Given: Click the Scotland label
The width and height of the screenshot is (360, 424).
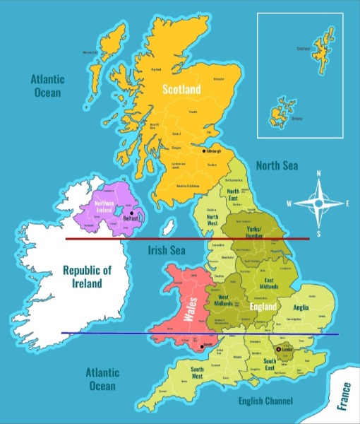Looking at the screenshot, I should click(x=181, y=89).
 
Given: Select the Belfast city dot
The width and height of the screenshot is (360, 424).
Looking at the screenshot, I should click(x=131, y=213).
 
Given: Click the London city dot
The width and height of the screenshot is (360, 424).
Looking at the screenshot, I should click(x=277, y=349).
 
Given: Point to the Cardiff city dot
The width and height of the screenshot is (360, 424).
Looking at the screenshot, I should click(x=202, y=346).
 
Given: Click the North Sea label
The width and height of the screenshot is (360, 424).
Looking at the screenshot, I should click(x=277, y=165).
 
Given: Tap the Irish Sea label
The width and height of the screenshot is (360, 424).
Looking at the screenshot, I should click(x=167, y=251).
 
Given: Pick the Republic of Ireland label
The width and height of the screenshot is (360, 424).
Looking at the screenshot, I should click(x=87, y=276).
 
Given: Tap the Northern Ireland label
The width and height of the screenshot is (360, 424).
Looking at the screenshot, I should click(x=104, y=207).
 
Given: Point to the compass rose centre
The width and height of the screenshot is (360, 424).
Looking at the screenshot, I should click(x=318, y=204).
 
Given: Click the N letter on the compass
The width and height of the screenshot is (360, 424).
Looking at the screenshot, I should click(x=318, y=174).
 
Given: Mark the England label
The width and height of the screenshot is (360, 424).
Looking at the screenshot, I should click(x=263, y=309).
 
